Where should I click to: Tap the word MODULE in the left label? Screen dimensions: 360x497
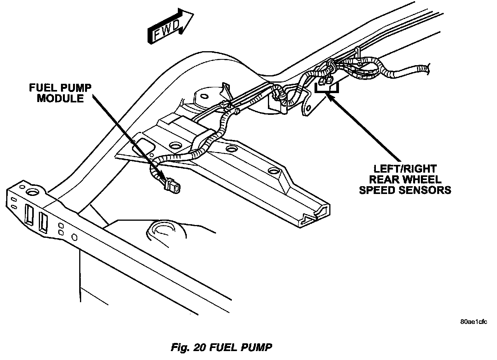pos(60,98)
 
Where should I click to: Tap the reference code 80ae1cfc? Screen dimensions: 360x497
pos(473,322)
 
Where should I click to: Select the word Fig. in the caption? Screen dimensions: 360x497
pos(179,347)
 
